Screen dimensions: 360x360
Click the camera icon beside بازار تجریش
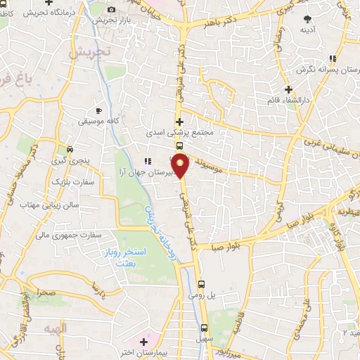112,9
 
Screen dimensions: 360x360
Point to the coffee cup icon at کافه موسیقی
99,111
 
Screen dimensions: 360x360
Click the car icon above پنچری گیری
70,150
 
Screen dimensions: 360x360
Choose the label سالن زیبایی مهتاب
42,204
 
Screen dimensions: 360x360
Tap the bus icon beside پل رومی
202,284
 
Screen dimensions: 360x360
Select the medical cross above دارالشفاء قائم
288,89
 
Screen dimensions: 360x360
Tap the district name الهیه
55,329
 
